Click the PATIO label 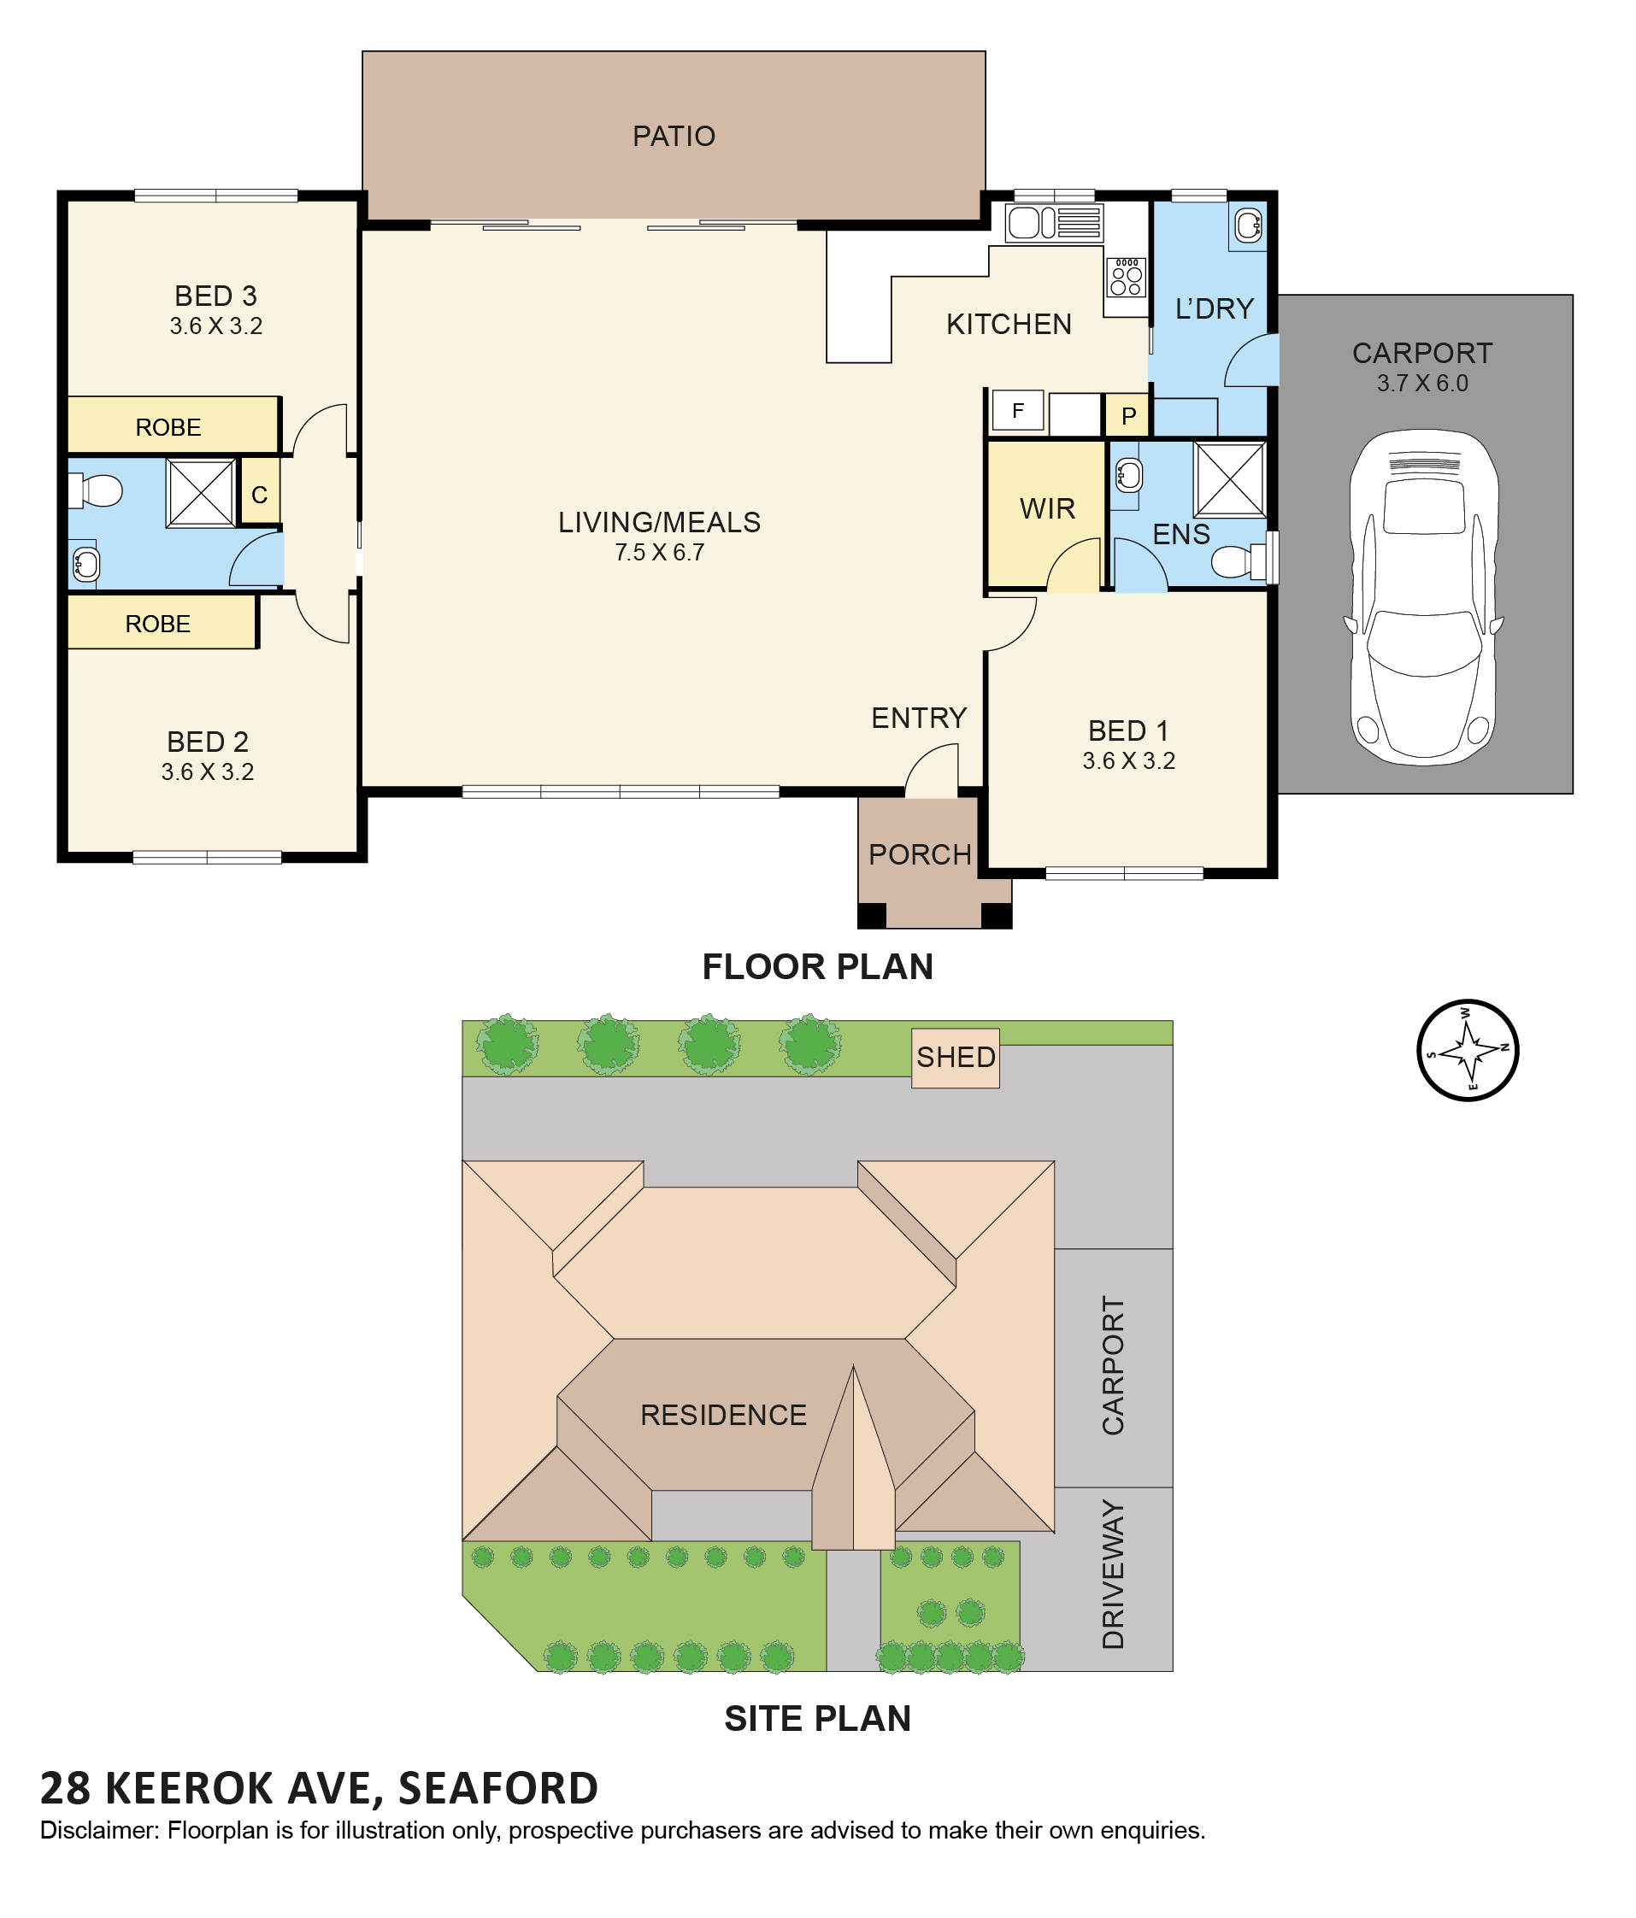673,136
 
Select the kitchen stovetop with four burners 1125,277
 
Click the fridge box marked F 1016,410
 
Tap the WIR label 1046,508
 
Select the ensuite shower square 1228,478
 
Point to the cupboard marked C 259,495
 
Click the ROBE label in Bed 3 168,426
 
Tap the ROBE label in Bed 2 157,623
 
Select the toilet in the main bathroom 97,490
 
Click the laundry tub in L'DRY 1247,224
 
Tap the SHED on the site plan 955,1056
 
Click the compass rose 1467,1050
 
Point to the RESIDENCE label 723,1415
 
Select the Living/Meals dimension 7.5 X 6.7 658,553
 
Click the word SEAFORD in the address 497,1787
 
